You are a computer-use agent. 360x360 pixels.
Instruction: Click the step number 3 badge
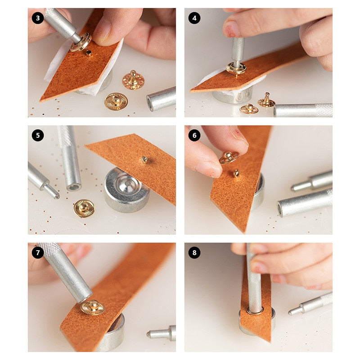38,18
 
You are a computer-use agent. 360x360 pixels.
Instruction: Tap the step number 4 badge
194,18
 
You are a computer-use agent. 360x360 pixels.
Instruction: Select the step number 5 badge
38,135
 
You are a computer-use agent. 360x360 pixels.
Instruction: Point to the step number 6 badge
194,135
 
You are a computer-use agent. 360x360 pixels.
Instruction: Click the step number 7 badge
38,253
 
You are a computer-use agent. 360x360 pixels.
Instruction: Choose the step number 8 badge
194,253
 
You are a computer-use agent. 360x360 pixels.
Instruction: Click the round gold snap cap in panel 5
84,208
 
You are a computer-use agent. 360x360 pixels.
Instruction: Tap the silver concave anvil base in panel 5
126,189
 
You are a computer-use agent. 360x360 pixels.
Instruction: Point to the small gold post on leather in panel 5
144,159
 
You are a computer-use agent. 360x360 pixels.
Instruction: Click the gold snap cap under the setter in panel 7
93,307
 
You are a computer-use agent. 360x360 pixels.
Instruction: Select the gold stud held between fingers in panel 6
229,157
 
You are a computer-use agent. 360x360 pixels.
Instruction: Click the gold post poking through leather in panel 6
236,173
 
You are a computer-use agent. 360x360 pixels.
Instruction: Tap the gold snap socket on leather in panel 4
236,68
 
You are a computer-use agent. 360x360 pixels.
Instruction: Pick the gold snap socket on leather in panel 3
81,42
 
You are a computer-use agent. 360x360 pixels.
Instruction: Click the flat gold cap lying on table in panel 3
116,102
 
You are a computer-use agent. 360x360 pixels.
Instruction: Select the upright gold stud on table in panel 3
133,80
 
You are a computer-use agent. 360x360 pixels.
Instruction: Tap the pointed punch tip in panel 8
291,312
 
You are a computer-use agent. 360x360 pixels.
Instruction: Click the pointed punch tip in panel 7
149,334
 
